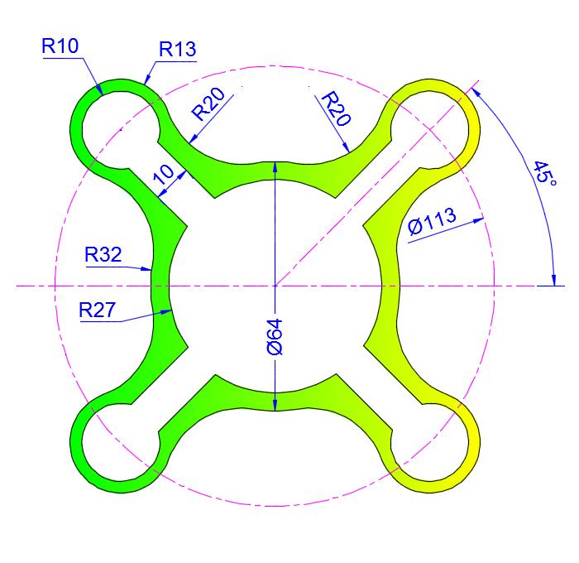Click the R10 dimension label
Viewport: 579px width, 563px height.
[x=60, y=46]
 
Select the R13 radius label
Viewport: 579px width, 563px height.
[x=178, y=50]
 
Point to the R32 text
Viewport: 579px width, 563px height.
[x=103, y=254]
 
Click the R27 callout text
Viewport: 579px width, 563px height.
[x=98, y=310]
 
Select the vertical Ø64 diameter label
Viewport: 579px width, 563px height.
[x=275, y=336]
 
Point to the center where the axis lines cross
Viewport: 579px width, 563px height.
[x=275, y=286]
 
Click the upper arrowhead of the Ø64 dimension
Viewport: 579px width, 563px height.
[x=275, y=166]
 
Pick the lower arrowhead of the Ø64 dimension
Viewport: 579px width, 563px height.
[x=275, y=405]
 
